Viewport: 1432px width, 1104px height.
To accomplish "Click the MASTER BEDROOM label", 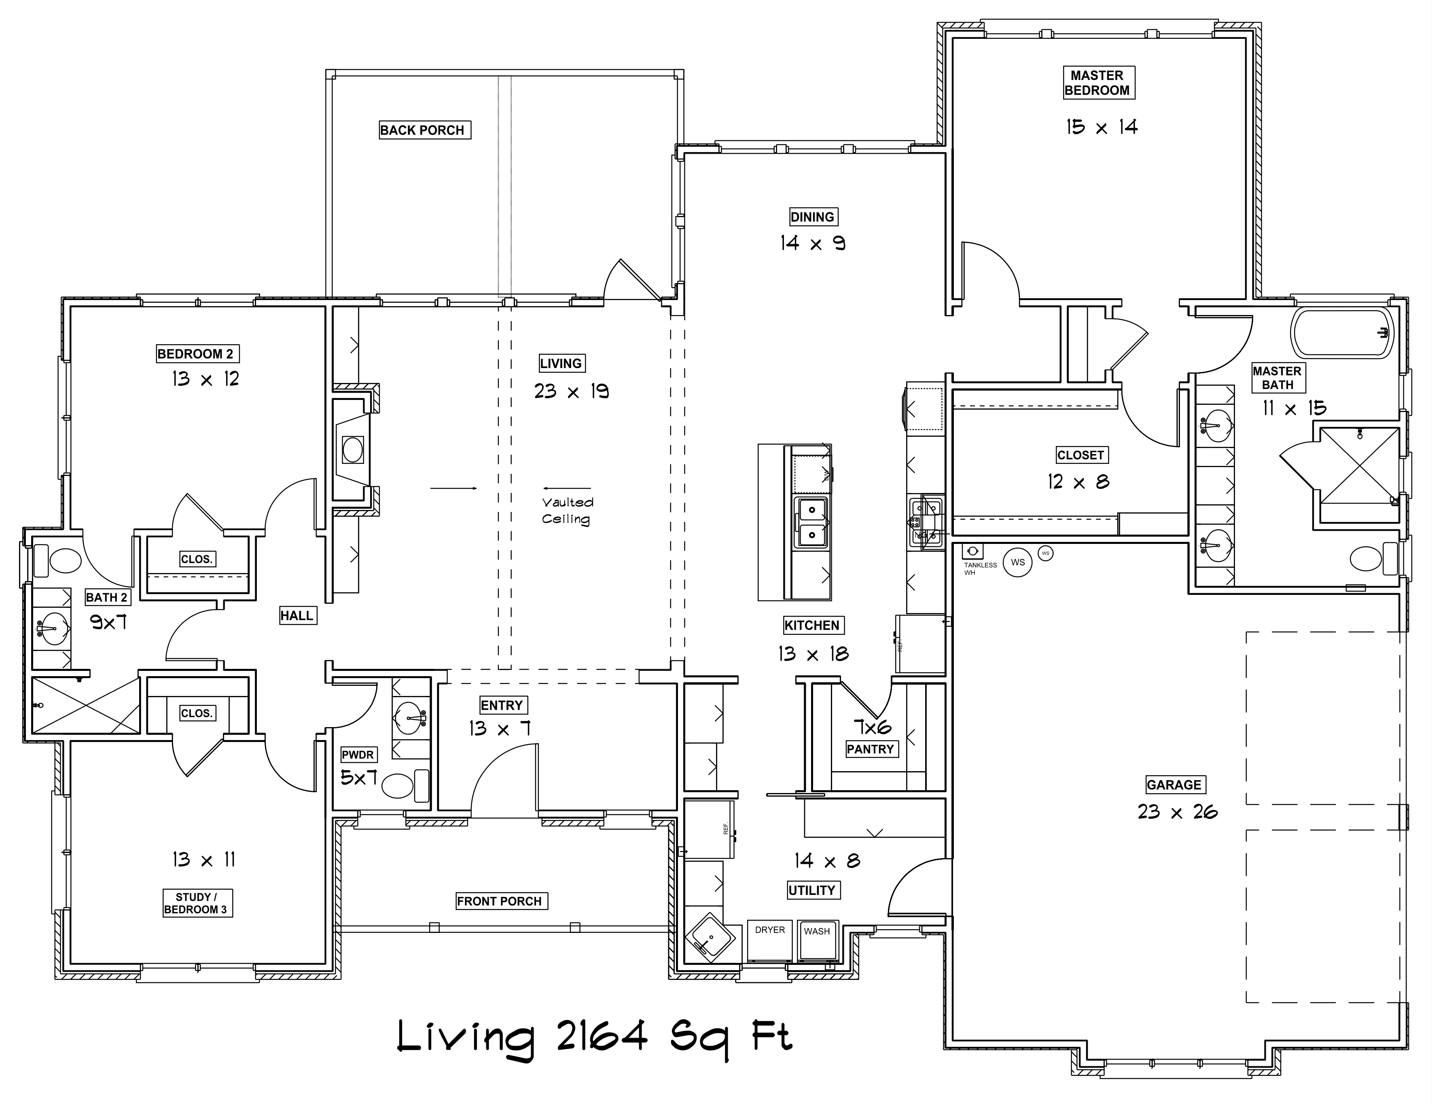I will (x=1098, y=82).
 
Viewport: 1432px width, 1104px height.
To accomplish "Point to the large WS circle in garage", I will (x=1017, y=563).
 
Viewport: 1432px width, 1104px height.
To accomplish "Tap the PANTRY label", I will (x=870, y=749).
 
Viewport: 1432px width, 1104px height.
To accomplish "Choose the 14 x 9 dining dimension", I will (x=812, y=243).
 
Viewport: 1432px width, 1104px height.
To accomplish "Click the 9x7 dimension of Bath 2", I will (x=108, y=622).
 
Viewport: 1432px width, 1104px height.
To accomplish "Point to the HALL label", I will (x=297, y=615).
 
